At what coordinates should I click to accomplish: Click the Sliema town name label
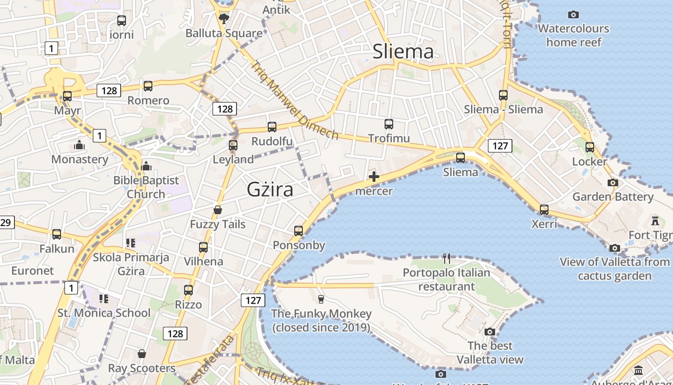[x=403, y=51]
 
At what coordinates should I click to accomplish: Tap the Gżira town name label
[x=270, y=189]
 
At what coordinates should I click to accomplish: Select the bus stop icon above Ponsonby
[x=299, y=231]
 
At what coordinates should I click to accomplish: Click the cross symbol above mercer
[x=374, y=177]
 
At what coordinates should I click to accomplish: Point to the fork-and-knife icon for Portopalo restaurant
[x=447, y=258]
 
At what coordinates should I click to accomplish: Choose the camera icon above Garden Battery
[x=612, y=182]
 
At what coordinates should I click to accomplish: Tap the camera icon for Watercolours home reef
[x=573, y=14]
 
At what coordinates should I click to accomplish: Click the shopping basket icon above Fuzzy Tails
[x=218, y=210]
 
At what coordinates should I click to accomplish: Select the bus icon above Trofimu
[x=389, y=124]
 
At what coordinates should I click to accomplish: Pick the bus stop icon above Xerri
[x=544, y=209]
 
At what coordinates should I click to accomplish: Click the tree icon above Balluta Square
[x=224, y=19]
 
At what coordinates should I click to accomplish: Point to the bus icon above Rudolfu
[x=272, y=127]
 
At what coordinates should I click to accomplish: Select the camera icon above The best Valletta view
[x=490, y=332]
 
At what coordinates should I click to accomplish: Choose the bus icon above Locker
[x=589, y=147]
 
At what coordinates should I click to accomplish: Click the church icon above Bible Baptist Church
[x=146, y=166]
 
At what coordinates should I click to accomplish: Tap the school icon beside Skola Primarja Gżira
[x=131, y=243]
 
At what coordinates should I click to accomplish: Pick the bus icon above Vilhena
[x=203, y=247]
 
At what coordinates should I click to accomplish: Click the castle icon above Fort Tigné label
[x=654, y=221]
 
